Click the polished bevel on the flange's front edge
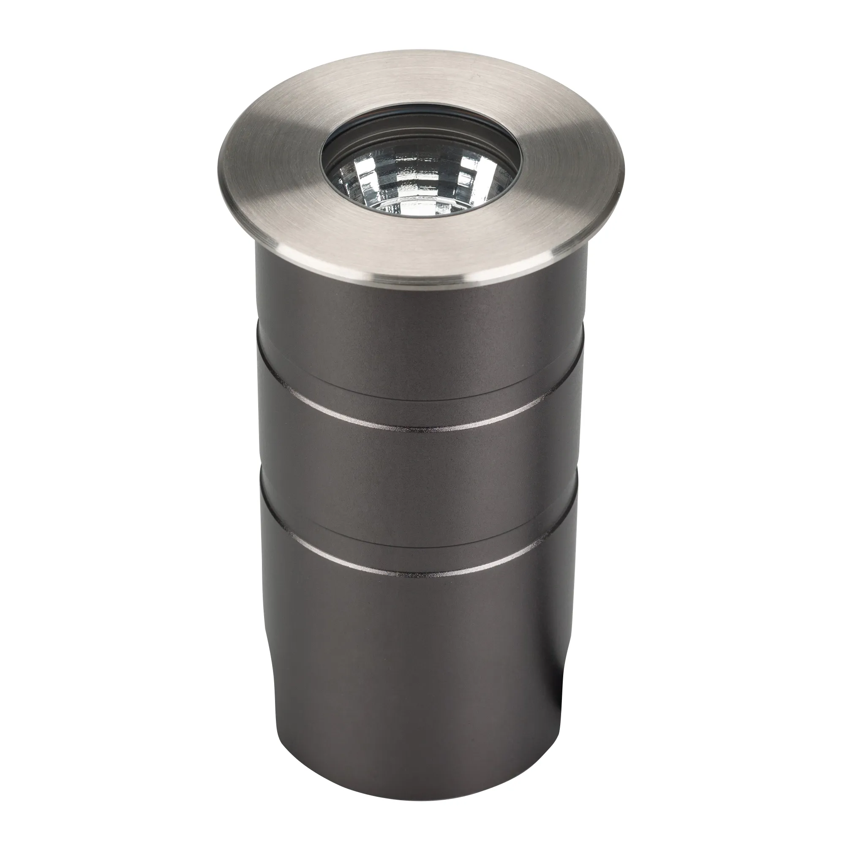[x=420, y=276]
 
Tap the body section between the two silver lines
[x=420, y=490]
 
